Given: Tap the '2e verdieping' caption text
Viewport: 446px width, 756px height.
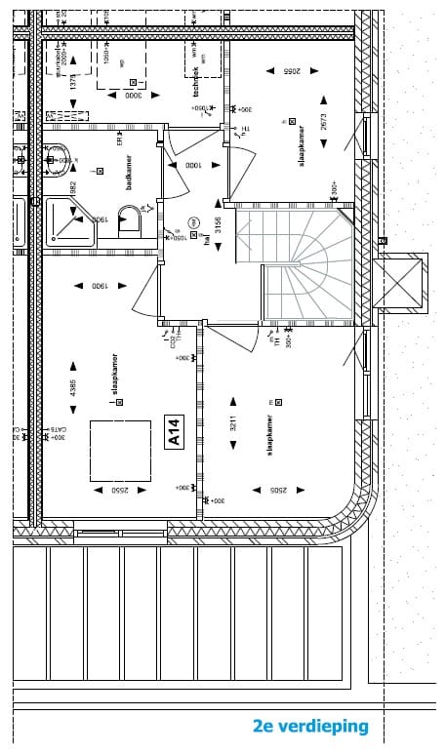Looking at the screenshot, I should [310, 727].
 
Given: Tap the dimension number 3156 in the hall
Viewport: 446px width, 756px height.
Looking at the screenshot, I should [219, 226].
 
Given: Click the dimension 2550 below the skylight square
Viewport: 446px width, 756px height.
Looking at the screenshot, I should [119, 491].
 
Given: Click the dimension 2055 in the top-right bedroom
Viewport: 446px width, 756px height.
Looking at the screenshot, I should [294, 71].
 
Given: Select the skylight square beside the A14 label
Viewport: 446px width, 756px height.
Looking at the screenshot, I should [120, 451].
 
